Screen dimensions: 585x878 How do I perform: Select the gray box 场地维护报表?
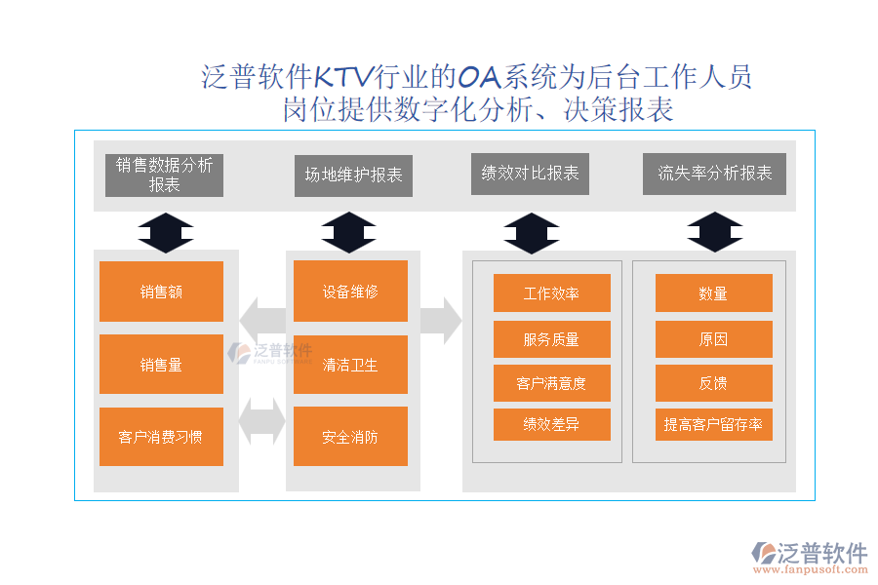[x=353, y=175]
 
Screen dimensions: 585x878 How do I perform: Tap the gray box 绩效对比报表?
[x=530, y=174]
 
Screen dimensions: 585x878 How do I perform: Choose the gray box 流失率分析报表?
[x=714, y=174]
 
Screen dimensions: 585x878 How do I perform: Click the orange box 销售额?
[x=161, y=292]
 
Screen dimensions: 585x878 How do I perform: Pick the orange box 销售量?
[x=161, y=365]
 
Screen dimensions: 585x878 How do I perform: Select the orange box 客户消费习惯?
[x=161, y=437]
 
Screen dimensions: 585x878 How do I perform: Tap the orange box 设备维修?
[x=350, y=292]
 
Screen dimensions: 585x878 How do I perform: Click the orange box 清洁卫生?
[x=350, y=365]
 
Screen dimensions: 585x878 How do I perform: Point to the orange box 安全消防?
[x=350, y=437]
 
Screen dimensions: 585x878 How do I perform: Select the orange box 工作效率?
[x=551, y=293]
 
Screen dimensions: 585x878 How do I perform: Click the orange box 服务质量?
[x=551, y=339]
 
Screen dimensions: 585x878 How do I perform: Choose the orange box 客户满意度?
[x=551, y=383]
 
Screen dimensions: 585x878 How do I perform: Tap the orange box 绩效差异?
[x=551, y=424]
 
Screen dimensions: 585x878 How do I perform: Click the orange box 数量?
[x=713, y=293]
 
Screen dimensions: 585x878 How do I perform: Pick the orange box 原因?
[x=713, y=339]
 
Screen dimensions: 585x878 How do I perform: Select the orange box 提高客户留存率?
[x=713, y=424]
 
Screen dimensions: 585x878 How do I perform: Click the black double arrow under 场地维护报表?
[x=348, y=233]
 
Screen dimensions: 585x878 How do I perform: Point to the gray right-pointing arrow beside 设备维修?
[x=440, y=321]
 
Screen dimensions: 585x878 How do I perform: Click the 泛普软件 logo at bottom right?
[x=809, y=557]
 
